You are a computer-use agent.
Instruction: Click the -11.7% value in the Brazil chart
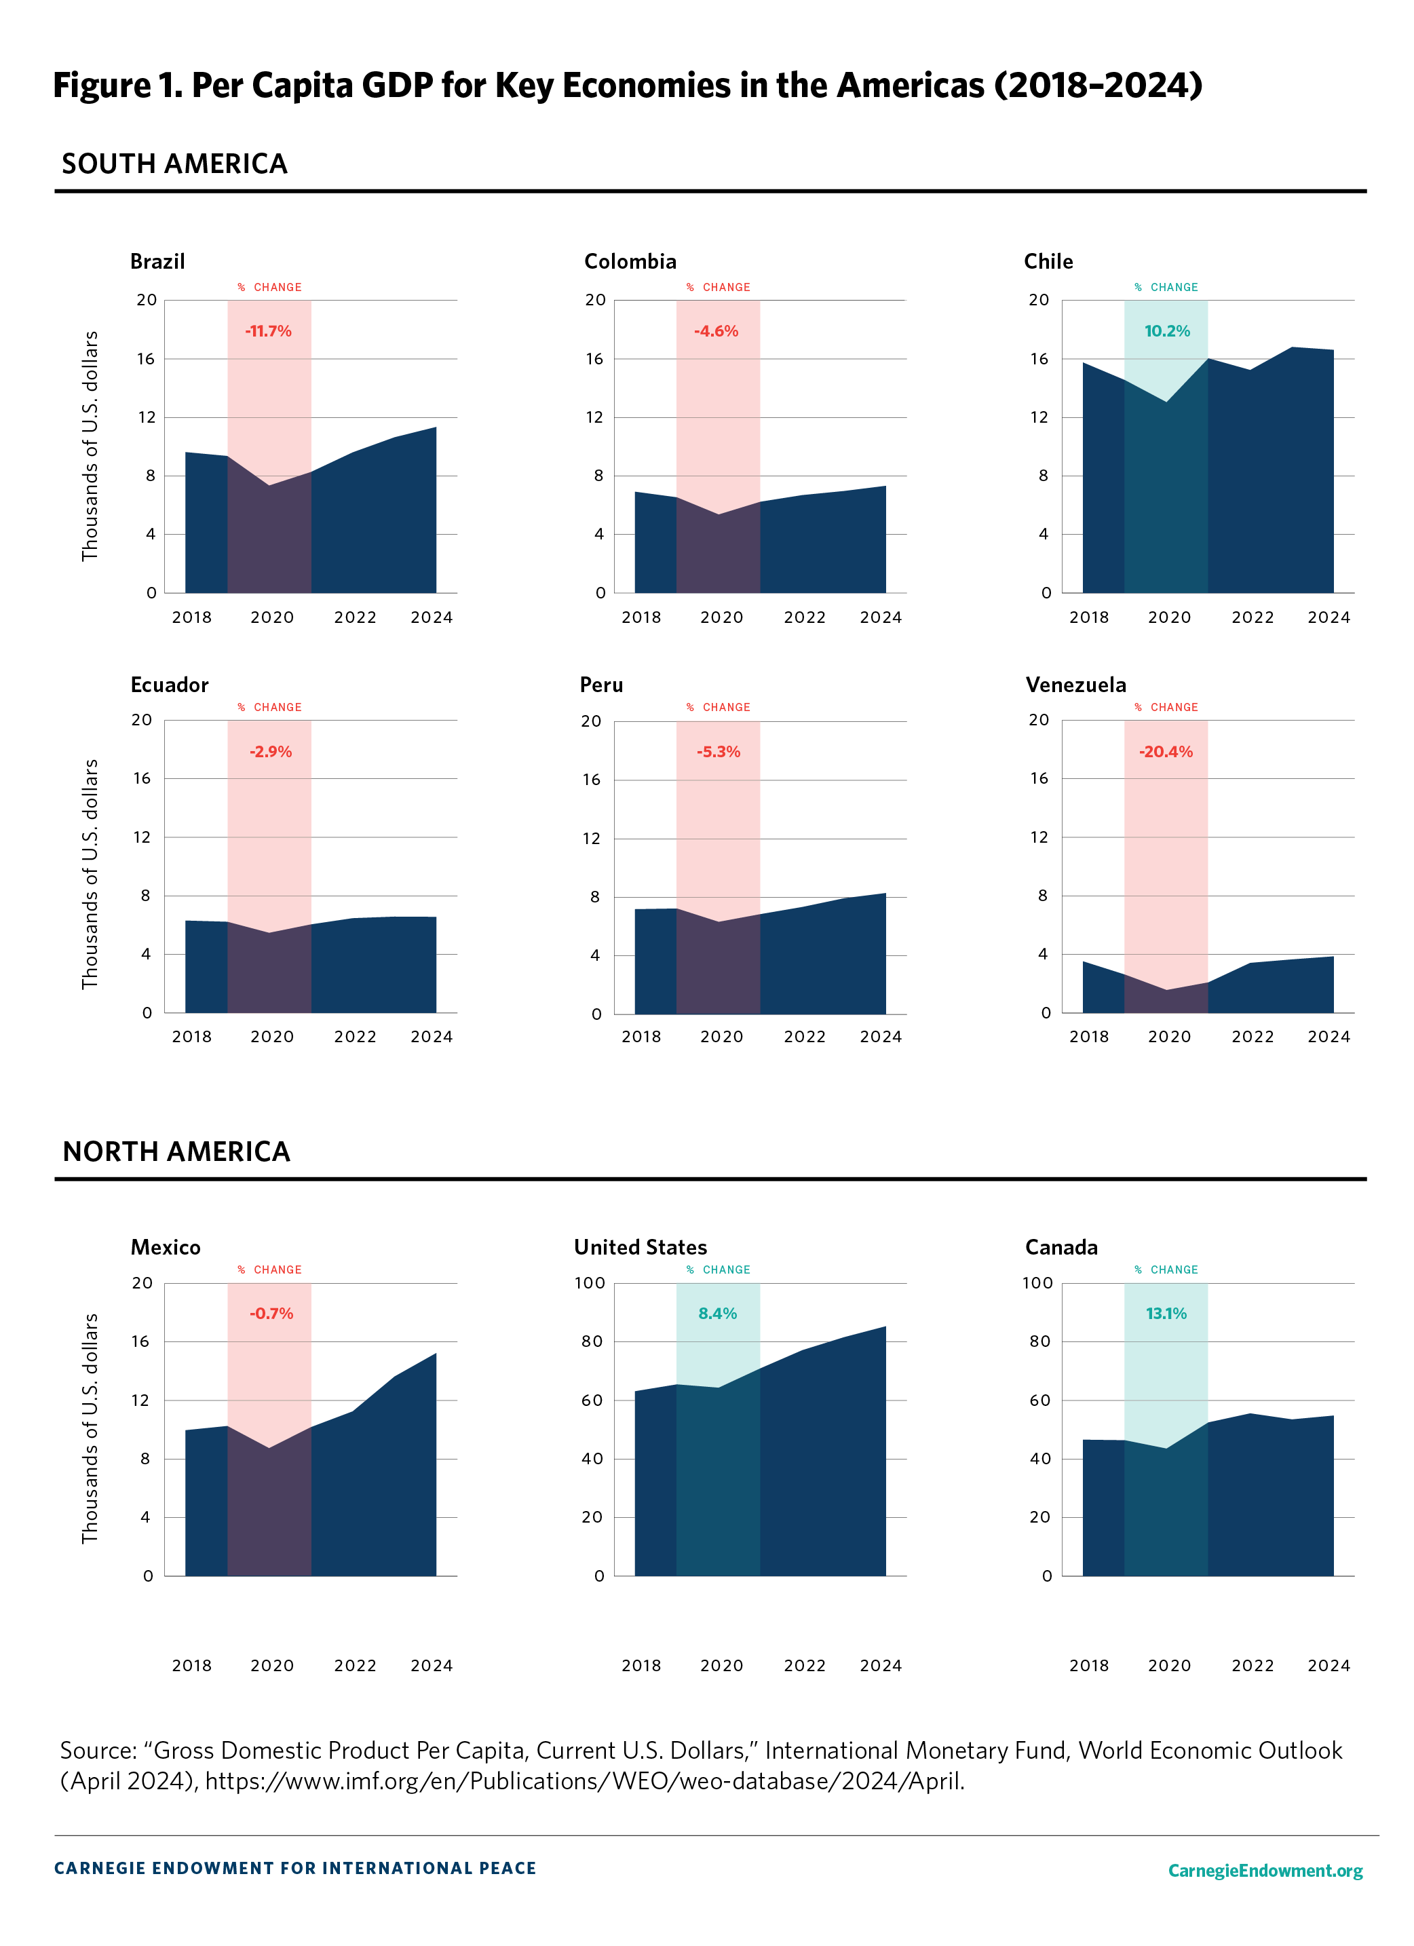(269, 331)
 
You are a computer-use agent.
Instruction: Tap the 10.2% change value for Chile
(1166, 331)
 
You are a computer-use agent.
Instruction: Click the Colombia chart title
(630, 262)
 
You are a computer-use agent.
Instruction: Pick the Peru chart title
(600, 685)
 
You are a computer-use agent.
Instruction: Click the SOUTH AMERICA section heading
(174, 164)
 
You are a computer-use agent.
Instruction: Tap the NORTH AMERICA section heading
(176, 1151)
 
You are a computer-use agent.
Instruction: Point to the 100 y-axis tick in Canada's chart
(1037, 1283)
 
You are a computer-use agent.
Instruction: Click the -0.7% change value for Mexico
(271, 1314)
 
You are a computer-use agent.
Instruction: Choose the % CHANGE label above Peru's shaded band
(718, 707)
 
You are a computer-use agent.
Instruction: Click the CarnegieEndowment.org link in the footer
(1265, 1871)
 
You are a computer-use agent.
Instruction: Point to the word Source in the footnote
(98, 1751)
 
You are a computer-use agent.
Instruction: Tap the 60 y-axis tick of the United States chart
(592, 1400)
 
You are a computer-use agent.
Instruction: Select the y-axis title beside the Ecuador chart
(90, 873)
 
